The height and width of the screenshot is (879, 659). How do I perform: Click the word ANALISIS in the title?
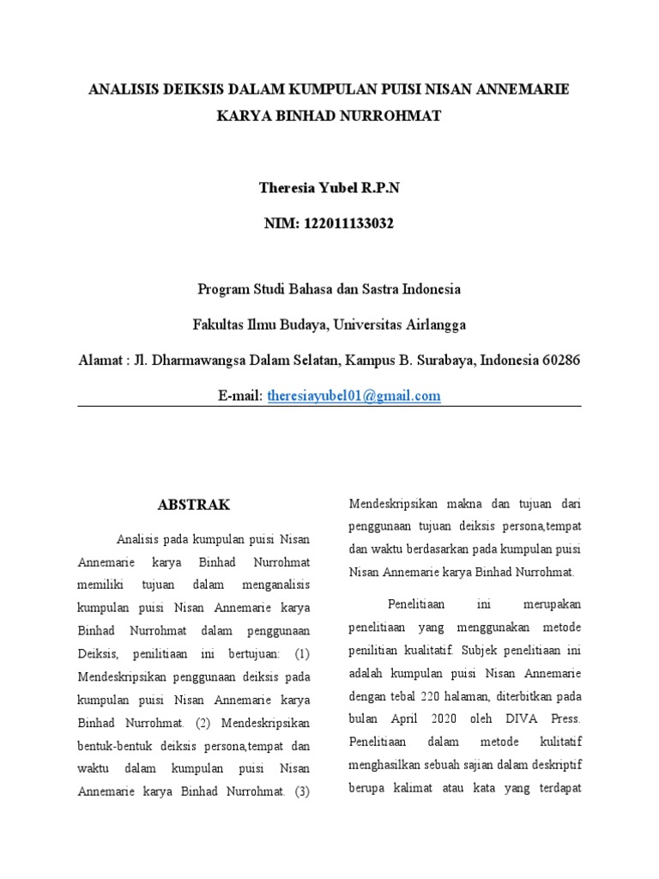(126, 89)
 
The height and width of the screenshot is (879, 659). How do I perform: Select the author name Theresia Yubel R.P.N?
(329, 189)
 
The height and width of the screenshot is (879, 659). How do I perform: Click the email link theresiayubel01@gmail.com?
(354, 396)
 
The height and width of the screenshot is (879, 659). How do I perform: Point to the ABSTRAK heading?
(194, 505)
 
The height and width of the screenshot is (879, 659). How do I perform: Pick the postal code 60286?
(560, 360)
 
